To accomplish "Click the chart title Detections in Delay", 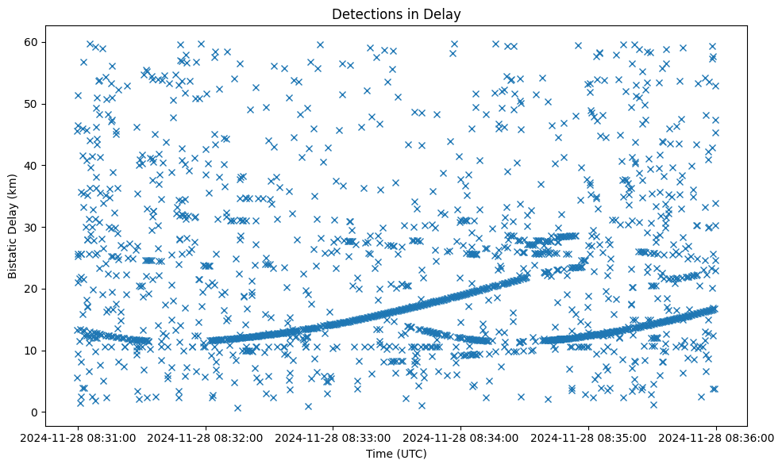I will pos(396,13).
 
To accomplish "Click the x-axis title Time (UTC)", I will pos(396,454).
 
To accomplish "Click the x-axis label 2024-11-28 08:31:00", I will pos(78,437).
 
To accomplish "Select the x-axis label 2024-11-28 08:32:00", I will pos(206,437).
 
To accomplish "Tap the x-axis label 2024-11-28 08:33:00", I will pos(333,437).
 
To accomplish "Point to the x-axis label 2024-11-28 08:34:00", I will pos(461,437).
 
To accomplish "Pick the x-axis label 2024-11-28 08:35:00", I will pos(589,437).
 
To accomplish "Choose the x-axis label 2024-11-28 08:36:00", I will pos(717,437).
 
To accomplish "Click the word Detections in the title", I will pos(362,13).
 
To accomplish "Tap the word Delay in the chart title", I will pos(445,13).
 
